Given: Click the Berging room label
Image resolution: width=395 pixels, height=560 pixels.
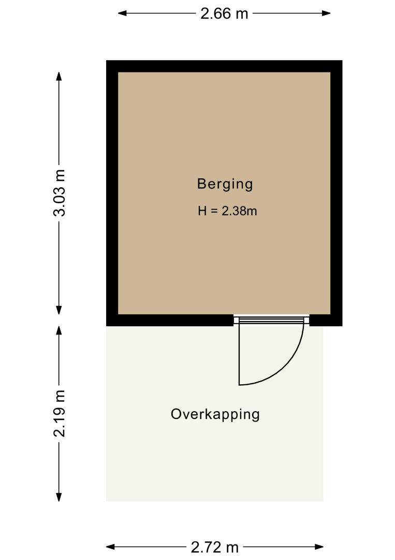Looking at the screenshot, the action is tap(225, 185).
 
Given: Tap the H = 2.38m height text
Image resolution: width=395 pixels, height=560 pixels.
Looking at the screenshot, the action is tap(227, 211).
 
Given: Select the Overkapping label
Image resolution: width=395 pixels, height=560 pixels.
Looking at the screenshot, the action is tap(215, 415).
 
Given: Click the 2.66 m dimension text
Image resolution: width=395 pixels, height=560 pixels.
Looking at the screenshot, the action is tap(224, 13).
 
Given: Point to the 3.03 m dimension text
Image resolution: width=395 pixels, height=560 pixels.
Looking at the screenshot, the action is tap(59, 193).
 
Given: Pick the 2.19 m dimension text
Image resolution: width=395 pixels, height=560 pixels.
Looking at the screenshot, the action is tap(59, 413).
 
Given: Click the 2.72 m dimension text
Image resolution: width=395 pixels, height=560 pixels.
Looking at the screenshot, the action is tap(215, 547).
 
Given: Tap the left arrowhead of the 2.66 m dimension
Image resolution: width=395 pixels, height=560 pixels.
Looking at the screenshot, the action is tap(122, 13).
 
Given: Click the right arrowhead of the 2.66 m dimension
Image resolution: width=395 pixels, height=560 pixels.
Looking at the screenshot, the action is tap(326, 13).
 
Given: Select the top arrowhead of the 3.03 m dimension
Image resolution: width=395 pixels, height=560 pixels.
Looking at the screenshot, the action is tap(59, 76).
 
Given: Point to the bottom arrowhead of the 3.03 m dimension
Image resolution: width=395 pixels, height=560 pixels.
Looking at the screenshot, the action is tap(59, 310).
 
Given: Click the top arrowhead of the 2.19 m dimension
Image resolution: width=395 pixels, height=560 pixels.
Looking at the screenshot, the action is tap(59, 330).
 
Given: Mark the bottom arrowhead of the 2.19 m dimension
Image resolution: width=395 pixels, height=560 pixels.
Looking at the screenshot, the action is tap(59, 497).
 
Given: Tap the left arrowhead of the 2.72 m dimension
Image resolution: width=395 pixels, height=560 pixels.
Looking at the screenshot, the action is tap(110, 547).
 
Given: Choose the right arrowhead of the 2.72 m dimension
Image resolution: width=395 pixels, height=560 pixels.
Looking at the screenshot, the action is tap(319, 547).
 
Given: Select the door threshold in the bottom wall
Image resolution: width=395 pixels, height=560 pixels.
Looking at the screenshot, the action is tap(271, 319).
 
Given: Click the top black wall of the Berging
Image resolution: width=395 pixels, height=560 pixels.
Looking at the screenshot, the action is tap(224, 66).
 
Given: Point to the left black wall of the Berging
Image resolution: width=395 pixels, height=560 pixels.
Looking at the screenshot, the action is tap(112, 193).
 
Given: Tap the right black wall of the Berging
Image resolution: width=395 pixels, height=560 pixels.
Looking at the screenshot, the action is tap(337, 193).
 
